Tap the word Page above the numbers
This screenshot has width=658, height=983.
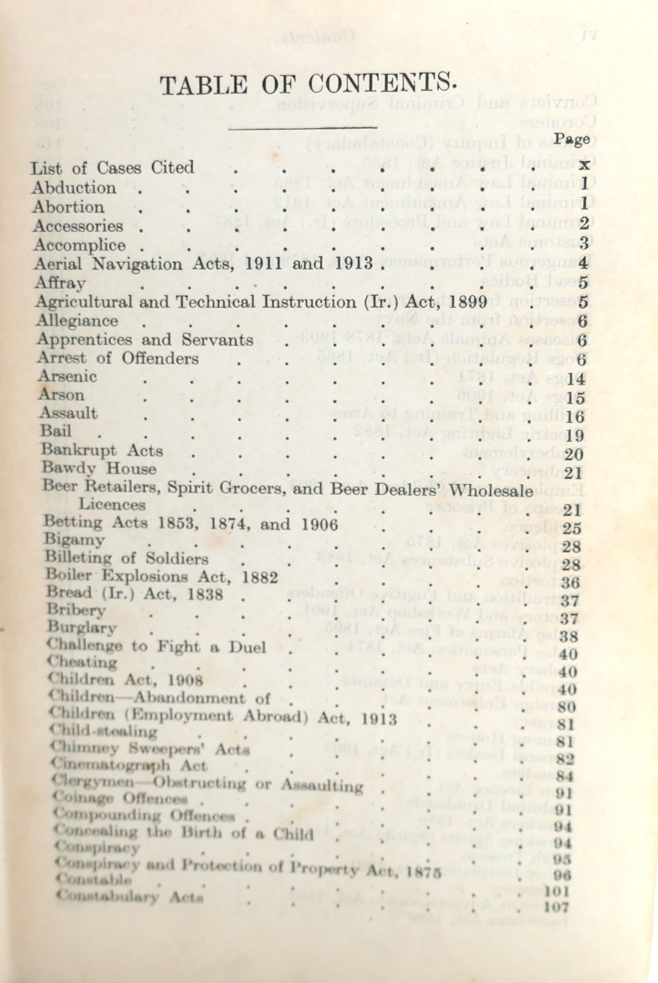(572, 139)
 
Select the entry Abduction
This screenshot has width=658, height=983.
(74, 187)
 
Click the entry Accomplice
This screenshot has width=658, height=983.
(79, 245)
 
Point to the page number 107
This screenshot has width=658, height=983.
(555, 907)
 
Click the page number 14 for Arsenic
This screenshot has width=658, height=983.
(576, 380)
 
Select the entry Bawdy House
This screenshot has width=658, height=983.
(99, 469)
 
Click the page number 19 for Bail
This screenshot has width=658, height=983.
(575, 436)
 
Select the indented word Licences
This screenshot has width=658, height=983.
(112, 505)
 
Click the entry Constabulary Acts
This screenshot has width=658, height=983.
(129, 897)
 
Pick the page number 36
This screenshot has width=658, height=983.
(570, 582)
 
